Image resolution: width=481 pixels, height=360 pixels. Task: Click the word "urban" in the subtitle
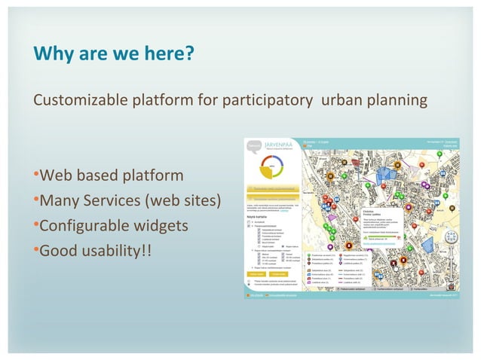342,100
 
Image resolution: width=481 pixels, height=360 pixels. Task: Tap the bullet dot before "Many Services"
35,201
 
